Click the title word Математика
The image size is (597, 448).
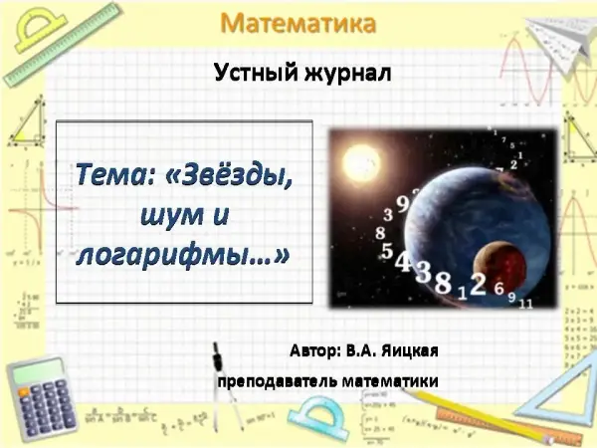[298, 24]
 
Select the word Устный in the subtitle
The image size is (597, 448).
[256, 73]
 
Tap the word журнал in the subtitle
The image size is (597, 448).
[347, 73]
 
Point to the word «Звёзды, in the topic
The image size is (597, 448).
[230, 175]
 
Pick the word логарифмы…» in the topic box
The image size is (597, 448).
[183, 256]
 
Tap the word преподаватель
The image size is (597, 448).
[277, 381]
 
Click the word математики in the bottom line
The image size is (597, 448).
[390, 381]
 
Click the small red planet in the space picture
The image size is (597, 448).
[499, 268]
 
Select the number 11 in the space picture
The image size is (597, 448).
[525, 304]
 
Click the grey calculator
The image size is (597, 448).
[41, 398]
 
